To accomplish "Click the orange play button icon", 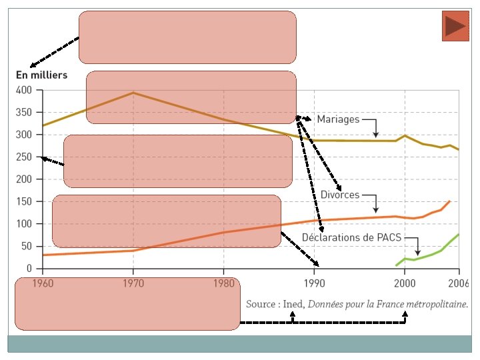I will [455, 26].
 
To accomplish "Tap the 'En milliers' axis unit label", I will [41, 75].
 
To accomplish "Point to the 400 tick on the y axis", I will [23, 90].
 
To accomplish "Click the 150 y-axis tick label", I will [23, 202].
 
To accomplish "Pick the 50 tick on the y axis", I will [26, 247].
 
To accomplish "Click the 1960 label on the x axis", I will [43, 283].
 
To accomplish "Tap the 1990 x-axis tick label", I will [314, 283].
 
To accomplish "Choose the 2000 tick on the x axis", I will [404, 283].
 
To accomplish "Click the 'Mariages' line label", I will [338, 120].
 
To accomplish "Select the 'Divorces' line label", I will [340, 195].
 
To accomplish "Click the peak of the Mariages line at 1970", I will [133, 93].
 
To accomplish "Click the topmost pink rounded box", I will [187, 37].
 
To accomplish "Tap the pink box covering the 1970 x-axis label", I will [127, 303].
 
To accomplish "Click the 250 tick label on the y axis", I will [23, 157].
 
